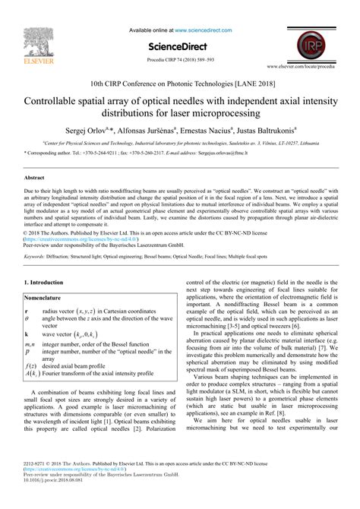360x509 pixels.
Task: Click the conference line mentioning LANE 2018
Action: [180, 82]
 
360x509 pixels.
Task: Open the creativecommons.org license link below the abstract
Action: [68, 240]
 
